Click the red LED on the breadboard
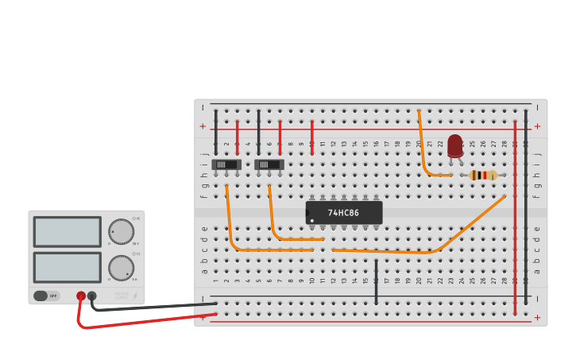(x=454, y=145)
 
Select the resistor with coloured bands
(x=483, y=175)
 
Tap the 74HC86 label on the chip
(x=343, y=213)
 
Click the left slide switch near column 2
(x=226, y=165)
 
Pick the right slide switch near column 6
(x=269, y=165)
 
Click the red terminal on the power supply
(x=81, y=296)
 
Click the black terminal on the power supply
(x=92, y=296)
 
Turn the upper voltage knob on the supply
(x=121, y=231)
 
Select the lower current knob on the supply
(x=121, y=267)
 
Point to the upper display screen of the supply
(x=67, y=232)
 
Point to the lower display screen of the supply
(x=67, y=267)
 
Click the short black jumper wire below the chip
(x=376, y=280)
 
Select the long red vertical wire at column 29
(x=515, y=215)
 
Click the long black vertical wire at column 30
(x=525, y=207)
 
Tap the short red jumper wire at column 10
(x=312, y=137)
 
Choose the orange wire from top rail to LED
(x=423, y=151)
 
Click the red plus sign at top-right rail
(x=537, y=126)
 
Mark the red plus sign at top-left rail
(x=203, y=126)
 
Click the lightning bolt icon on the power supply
(x=134, y=296)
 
